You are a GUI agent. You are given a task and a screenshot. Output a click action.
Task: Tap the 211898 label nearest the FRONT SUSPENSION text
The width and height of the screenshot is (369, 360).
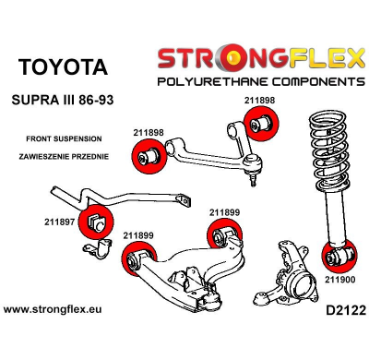click(x=149, y=133)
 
